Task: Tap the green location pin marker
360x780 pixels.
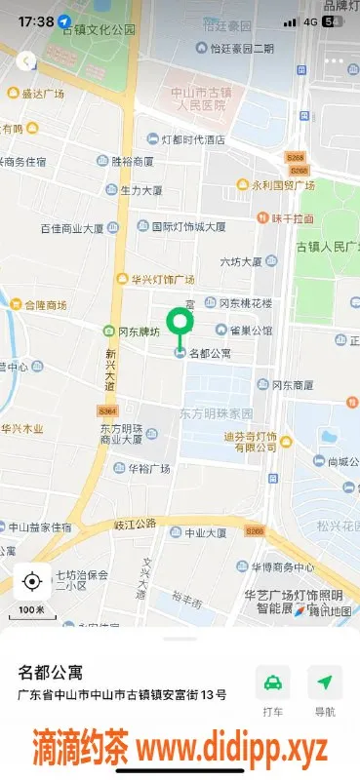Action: coord(180,324)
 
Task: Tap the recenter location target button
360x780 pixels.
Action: coord(31,582)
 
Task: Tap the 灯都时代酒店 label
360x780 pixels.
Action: coord(192,139)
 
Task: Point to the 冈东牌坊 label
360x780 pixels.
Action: coord(137,331)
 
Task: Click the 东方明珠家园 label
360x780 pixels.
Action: coord(216,413)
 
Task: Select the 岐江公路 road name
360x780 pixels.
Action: coord(135,524)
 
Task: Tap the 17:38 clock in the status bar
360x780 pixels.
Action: coord(35,20)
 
